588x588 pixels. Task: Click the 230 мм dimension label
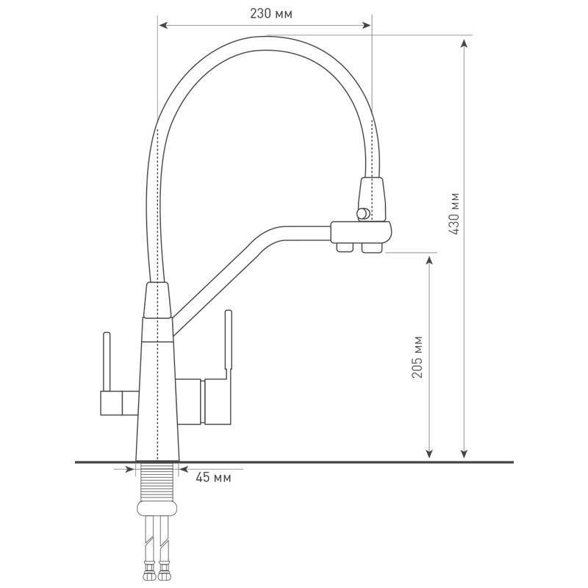click(270, 14)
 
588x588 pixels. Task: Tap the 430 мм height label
click(453, 214)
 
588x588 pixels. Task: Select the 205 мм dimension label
click(417, 357)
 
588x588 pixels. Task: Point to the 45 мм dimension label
click(213, 477)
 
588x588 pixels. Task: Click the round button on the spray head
click(363, 213)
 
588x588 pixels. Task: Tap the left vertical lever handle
click(107, 362)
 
